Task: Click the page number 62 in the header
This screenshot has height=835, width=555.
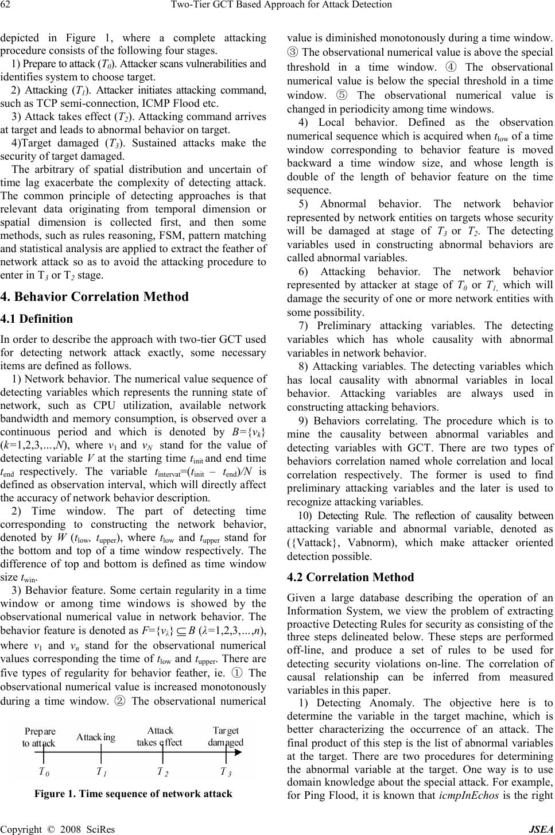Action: pyautogui.click(x=6, y=5)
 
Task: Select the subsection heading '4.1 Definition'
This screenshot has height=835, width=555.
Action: pyautogui.click(x=37, y=319)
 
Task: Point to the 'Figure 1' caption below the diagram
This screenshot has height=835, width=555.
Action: pyautogui.click(x=133, y=794)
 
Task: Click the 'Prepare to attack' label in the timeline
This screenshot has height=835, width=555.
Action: pyautogui.click(x=40, y=737)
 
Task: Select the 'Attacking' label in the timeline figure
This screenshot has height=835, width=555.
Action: pyautogui.click(x=96, y=737)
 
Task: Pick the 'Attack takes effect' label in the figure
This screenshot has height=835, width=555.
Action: pyautogui.click(x=159, y=736)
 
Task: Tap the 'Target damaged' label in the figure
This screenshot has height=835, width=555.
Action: pyautogui.click(x=226, y=736)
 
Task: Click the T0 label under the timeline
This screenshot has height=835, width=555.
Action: pyautogui.click(x=44, y=772)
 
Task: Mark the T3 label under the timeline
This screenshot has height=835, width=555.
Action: pyautogui.click(x=226, y=772)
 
